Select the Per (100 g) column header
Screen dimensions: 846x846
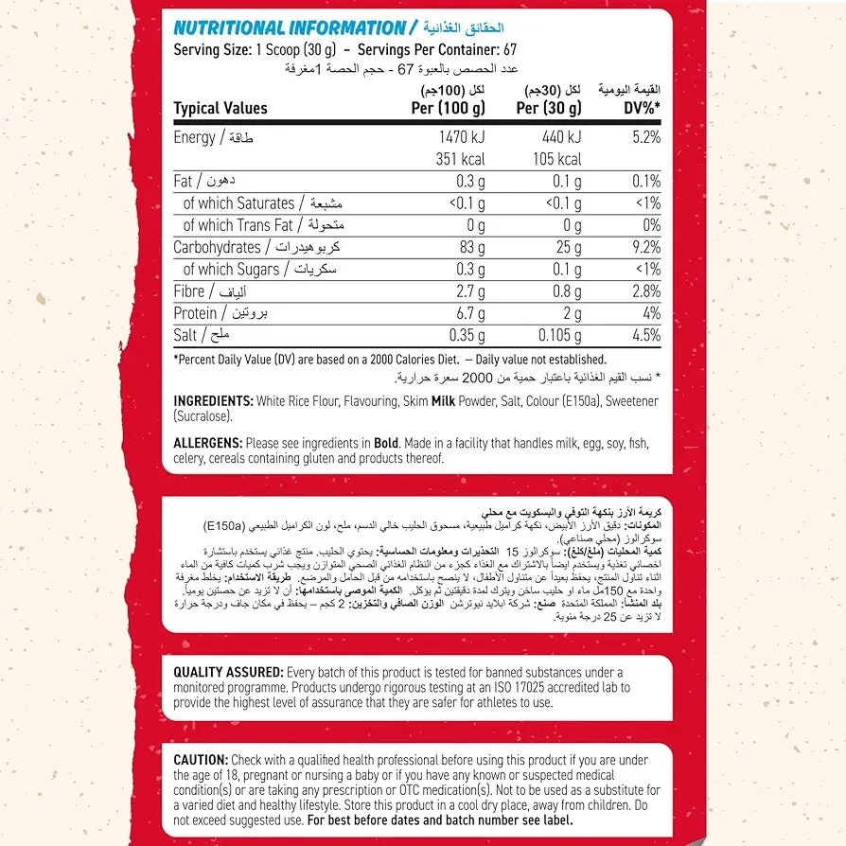click(x=449, y=108)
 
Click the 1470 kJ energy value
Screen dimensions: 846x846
click(x=460, y=138)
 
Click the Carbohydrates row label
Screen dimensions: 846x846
click(x=217, y=247)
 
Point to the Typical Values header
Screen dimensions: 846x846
click(x=220, y=108)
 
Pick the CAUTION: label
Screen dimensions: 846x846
click(x=201, y=760)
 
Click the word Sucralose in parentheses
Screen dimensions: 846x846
click(x=203, y=416)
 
